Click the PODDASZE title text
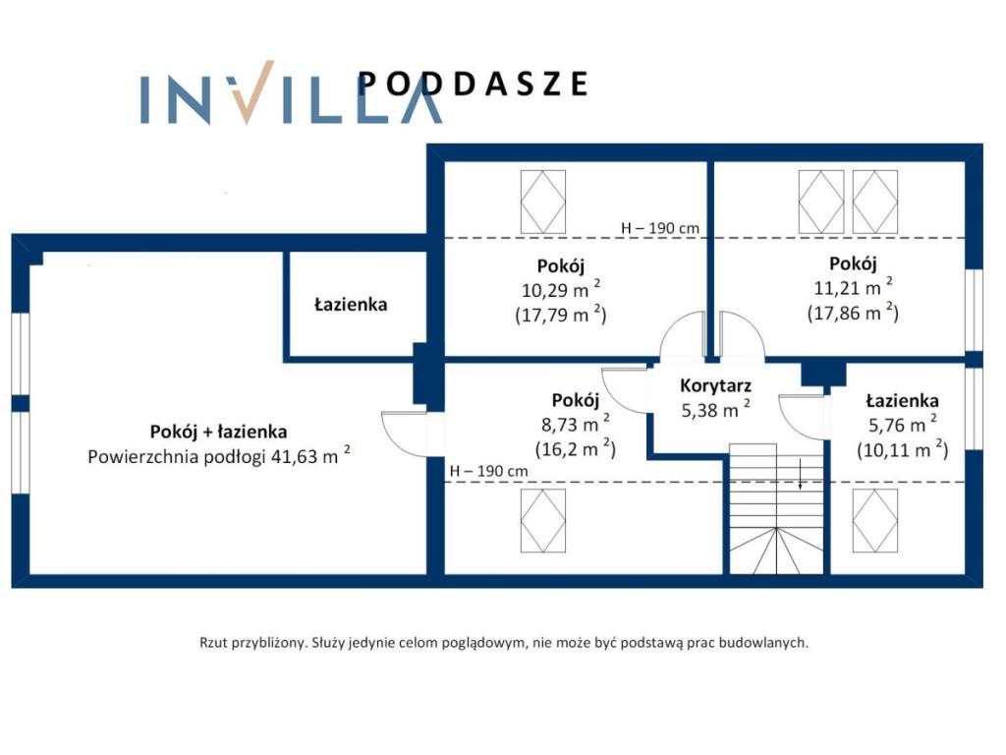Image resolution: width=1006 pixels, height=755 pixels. [473, 84]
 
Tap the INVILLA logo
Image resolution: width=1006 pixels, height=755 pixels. [291, 92]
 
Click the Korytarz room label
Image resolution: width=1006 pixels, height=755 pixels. [715, 385]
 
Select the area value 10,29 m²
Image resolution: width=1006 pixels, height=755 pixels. [561, 290]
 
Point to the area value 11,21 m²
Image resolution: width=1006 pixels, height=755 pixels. [854, 287]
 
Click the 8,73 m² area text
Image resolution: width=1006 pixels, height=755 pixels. [576, 424]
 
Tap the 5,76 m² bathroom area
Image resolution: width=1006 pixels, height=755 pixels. [903, 425]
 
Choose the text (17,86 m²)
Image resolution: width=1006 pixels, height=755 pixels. [853, 313]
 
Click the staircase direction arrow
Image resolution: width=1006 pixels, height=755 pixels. [800, 475]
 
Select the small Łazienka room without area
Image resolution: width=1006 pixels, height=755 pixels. [351, 304]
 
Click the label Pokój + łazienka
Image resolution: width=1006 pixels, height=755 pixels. [218, 432]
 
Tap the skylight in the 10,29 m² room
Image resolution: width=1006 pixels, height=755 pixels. [542, 202]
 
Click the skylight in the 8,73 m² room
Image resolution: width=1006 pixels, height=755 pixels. [542, 521]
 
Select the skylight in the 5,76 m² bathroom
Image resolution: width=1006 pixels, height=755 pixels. [875, 521]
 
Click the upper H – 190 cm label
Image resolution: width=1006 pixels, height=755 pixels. [659, 228]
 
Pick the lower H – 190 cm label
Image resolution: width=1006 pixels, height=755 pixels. [489, 471]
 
